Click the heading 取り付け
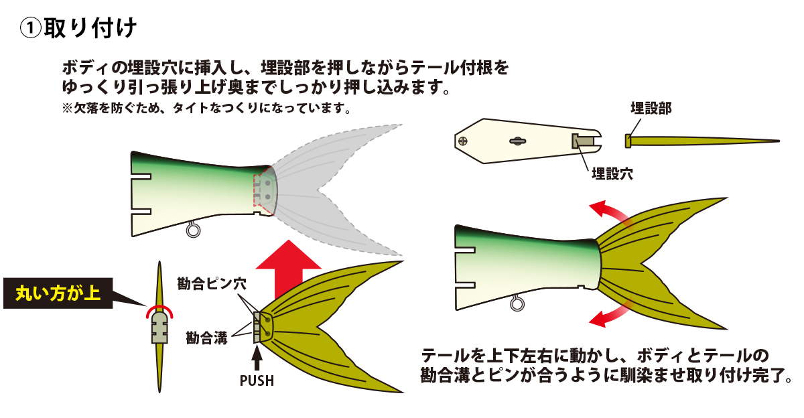90,28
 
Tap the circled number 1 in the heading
31,28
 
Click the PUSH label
257,380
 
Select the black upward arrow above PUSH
257,358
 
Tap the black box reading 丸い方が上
58,293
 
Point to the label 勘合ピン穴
212,284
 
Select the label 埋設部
651,109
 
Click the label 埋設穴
612,174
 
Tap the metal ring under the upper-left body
193,230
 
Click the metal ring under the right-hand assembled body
517,303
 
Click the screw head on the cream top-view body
463,141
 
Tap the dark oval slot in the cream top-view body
517,141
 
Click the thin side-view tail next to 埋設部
701,141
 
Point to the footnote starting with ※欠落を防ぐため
206,108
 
